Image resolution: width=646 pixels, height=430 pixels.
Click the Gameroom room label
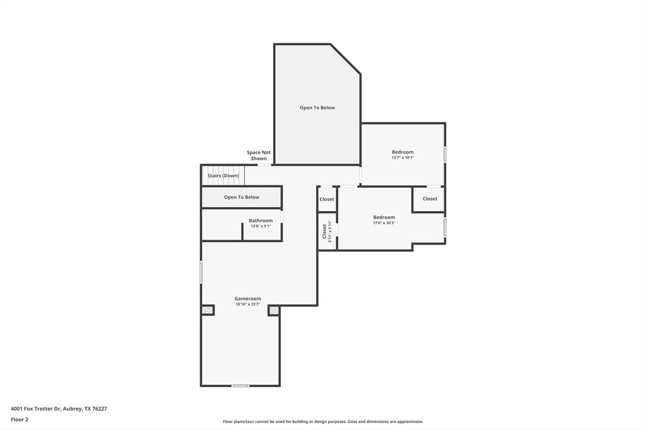247,299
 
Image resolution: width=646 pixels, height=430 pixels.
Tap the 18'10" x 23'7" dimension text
247,305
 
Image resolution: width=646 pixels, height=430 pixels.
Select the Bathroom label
261,220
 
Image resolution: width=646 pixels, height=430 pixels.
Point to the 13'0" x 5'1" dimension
261,226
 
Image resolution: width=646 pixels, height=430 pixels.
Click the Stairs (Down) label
223,176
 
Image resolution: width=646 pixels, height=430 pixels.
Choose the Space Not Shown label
259,155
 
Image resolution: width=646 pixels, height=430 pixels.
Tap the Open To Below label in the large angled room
317,107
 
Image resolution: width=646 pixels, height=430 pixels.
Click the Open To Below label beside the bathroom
242,197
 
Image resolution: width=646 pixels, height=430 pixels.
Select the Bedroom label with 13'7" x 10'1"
402,152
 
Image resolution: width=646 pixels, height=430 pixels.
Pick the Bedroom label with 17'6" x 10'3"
384,217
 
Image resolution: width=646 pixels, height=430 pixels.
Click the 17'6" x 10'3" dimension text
384,223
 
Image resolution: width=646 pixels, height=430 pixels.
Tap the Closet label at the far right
430,199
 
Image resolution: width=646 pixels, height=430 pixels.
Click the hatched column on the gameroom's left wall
208,310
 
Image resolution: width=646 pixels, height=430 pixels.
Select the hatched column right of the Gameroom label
274,310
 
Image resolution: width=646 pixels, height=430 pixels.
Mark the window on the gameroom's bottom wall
240,386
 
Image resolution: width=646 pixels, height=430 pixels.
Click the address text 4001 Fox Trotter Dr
36,409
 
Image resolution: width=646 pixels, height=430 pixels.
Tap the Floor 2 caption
20,420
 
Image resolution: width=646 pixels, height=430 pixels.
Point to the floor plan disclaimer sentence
323,422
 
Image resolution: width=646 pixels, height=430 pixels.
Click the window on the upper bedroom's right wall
445,154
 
